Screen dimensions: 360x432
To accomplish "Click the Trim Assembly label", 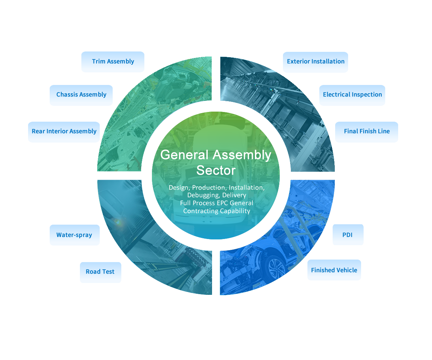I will click(113, 62).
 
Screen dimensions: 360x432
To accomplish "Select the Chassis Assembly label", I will click(81, 95).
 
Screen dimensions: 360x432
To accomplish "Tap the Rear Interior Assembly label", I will click(64, 131).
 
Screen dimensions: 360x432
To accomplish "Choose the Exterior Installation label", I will click(315, 62).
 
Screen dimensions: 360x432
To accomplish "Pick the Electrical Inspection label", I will click(352, 95).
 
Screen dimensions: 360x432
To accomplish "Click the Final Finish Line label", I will click(366, 131).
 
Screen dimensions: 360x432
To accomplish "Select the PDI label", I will click(347, 235).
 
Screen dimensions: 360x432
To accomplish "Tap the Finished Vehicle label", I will click(334, 270).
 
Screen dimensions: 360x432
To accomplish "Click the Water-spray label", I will click(74, 235).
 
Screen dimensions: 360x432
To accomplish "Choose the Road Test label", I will click(100, 272).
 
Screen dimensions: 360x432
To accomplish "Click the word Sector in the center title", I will click(216, 170).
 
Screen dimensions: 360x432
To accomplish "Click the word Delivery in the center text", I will click(234, 195).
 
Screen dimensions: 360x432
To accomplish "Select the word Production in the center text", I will click(209, 188).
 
